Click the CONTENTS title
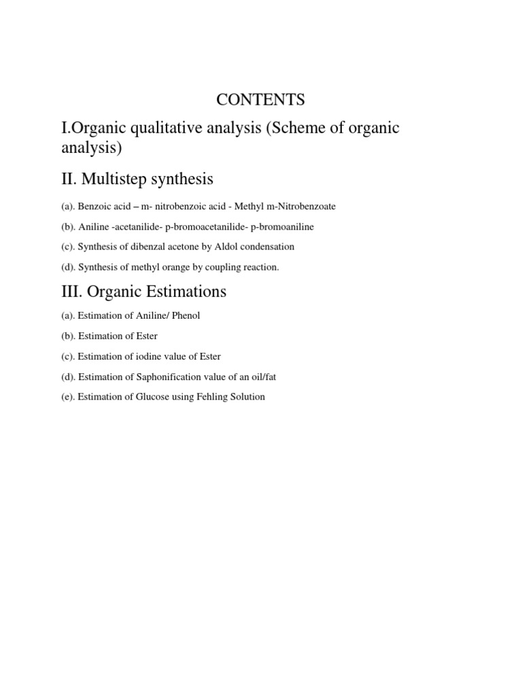(260, 99)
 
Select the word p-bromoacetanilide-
(204, 226)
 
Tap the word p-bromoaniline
(283, 226)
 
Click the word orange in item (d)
(158, 267)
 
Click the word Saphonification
(155, 377)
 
